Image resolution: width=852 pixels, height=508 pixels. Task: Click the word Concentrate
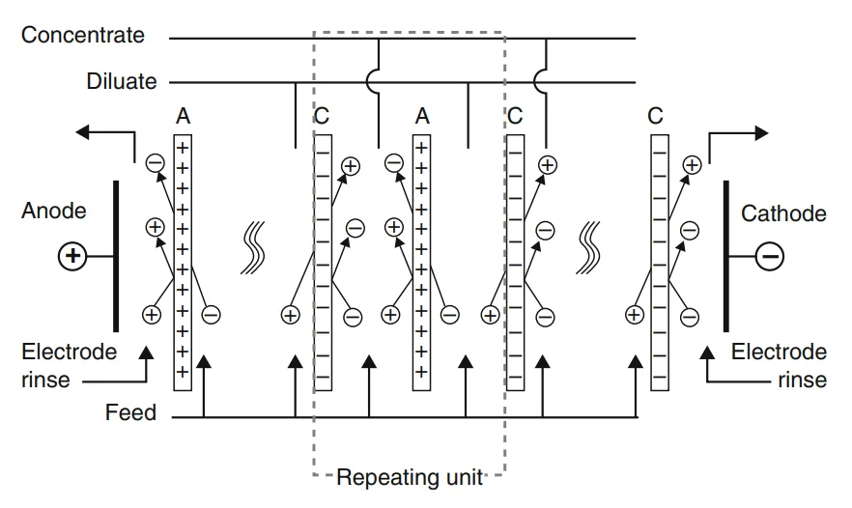point(83,36)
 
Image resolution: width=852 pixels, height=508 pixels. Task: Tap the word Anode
point(54,211)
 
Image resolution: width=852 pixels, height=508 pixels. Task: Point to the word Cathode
point(783,213)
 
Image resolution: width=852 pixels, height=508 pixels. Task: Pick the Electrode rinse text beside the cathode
point(779,365)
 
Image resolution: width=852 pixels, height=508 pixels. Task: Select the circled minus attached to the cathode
point(770,256)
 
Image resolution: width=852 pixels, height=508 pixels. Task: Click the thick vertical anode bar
point(116,256)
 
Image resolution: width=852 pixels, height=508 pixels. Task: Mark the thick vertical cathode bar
point(726,256)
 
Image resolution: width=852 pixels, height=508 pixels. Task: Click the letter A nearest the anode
point(183,117)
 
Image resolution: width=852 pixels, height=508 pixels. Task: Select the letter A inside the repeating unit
point(422,117)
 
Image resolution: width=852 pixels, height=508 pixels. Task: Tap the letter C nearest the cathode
point(656,117)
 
